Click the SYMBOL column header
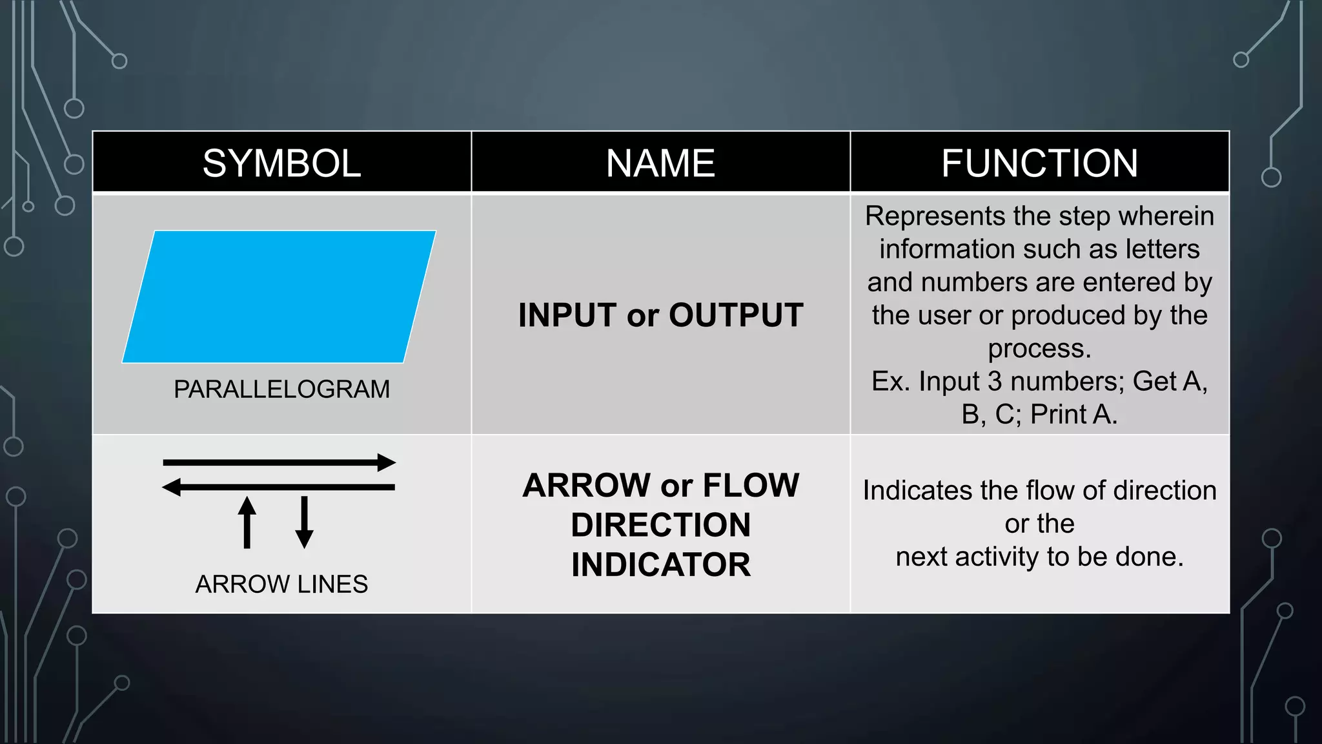pos(281,163)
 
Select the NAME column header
pos(660,163)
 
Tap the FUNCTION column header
pos(1039,163)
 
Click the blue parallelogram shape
pos(279,296)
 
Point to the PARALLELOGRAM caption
pos(281,389)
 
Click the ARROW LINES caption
pos(281,584)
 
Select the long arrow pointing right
pos(279,462)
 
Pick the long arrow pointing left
pos(279,487)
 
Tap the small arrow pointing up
pos(247,522)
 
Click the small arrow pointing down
pos(304,522)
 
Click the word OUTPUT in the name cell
pos(736,315)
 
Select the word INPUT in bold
pos(567,315)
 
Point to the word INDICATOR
pos(661,564)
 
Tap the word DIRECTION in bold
pos(661,524)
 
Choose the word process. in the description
pos(1039,349)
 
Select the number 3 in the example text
pos(995,381)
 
